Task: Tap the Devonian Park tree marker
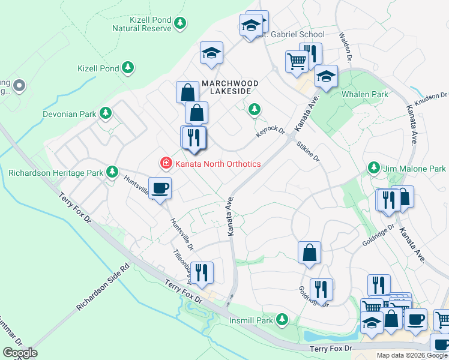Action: pyautogui.click(x=106, y=113)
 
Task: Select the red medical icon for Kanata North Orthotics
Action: pyautogui.click(x=164, y=163)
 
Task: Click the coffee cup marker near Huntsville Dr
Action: pyautogui.click(x=160, y=189)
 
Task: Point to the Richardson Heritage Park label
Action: pyautogui.click(x=56, y=173)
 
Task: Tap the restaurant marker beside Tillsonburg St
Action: pyautogui.click(x=202, y=273)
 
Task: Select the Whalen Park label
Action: pyautogui.click(x=365, y=94)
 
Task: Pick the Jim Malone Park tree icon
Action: pyautogui.click(x=374, y=169)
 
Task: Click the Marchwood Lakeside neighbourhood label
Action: pyautogui.click(x=230, y=87)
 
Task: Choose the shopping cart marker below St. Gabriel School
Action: pyautogui.click(x=297, y=61)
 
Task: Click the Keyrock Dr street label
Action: pyautogui.click(x=271, y=131)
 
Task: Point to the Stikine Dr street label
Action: pyautogui.click(x=307, y=151)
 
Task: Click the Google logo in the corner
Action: pyautogui.click(x=20, y=353)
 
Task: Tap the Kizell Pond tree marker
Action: pyautogui.click(x=128, y=68)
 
